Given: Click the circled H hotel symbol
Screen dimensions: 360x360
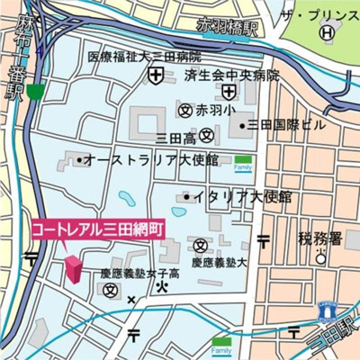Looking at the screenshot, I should [328, 32].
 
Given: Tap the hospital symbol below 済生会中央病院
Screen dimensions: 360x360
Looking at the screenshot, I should [230, 91].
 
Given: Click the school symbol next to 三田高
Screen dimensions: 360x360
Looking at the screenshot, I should [207, 137].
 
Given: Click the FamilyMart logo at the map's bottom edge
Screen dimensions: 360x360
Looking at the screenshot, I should [220, 344].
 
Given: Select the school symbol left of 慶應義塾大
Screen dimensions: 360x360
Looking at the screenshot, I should [200, 245].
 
